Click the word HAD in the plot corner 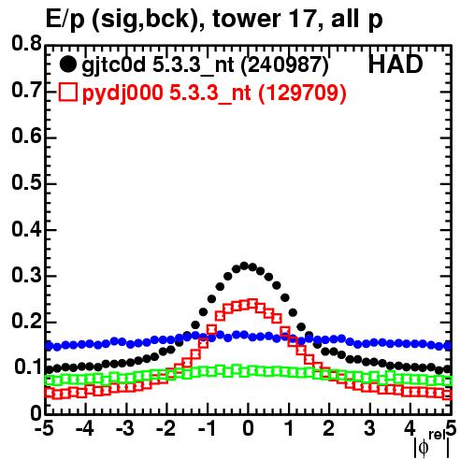pos(395,65)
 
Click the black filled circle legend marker pos(67,65)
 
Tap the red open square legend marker pos(67,93)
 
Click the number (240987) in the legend pos(285,65)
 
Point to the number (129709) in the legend pos(302,93)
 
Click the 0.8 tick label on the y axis pos(27,44)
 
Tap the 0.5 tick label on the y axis pos(27,183)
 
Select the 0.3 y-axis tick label pos(27,275)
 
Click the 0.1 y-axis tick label pos(28,367)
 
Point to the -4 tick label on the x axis pos(84,429)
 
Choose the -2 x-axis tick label pos(165,429)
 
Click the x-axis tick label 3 pos(369,429)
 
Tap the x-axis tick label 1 pos(289,429)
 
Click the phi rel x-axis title pos(432,443)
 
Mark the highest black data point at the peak pos(244,266)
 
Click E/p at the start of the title pos(65,21)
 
